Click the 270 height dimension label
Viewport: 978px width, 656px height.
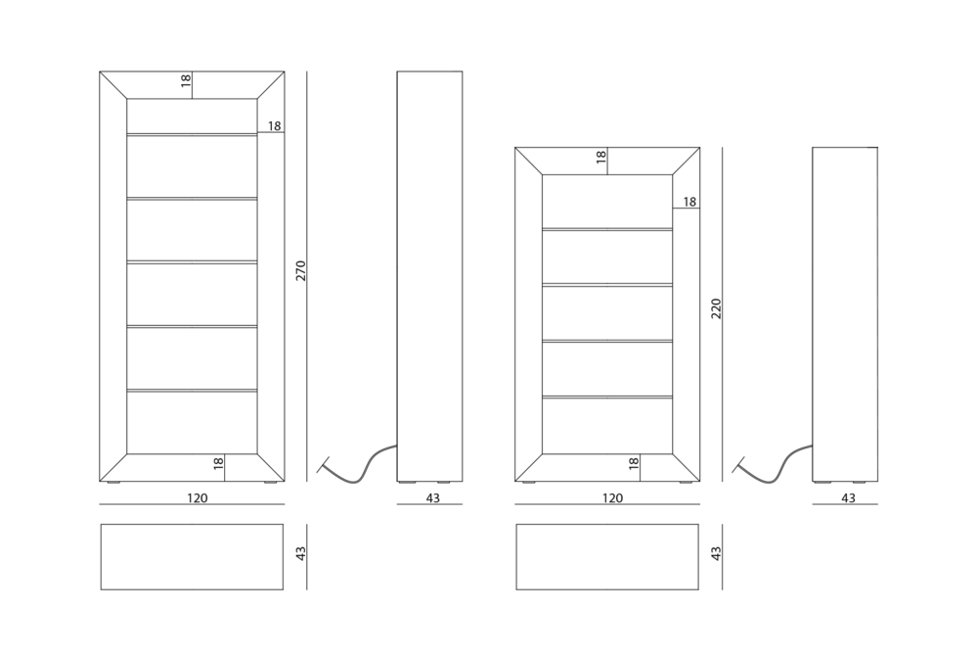pos(300,270)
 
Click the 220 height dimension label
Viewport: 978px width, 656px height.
pos(716,308)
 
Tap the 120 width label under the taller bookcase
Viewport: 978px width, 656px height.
pos(198,498)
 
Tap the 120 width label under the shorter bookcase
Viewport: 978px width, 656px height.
pos(612,498)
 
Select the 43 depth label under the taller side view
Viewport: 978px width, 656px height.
pos(432,498)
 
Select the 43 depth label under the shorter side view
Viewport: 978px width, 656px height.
pos(848,498)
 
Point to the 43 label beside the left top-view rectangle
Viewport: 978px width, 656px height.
pos(300,553)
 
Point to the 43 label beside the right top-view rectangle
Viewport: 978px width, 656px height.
pos(716,553)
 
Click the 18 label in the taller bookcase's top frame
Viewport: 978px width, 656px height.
pos(185,80)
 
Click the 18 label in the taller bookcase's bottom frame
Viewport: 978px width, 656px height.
pos(218,464)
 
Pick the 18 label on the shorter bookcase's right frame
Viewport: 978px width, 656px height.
pos(689,202)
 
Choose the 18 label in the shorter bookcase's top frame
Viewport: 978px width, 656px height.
pos(600,157)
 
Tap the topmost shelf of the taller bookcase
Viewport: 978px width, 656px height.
pos(192,134)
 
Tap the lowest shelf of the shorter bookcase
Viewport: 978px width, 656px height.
pos(607,397)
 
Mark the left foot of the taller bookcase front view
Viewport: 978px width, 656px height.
pos(112,483)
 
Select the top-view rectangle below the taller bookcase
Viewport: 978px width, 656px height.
pos(192,557)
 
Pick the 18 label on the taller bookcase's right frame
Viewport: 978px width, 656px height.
pos(274,126)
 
